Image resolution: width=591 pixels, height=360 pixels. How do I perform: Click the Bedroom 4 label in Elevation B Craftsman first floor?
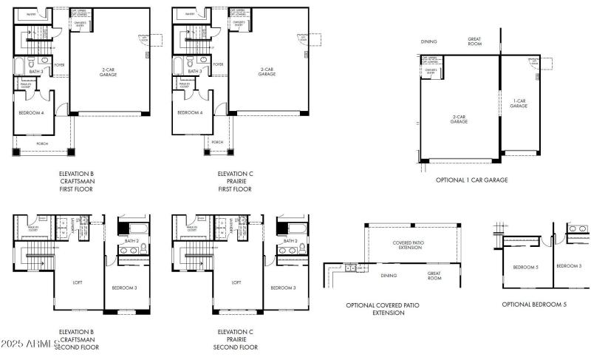tap(31, 112)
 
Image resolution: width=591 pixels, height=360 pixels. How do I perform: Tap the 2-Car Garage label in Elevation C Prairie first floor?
tap(267, 72)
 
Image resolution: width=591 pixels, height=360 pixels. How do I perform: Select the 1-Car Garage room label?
tap(519, 103)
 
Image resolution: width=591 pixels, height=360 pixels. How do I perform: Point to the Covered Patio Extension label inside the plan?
tap(406, 245)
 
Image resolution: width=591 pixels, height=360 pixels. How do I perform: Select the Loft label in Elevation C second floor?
tap(237, 282)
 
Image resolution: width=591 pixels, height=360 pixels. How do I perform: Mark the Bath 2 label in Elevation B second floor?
tap(132, 241)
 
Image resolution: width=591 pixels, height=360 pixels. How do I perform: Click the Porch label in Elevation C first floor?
tap(217, 142)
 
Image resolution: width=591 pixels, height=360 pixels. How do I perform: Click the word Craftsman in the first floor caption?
tap(77, 182)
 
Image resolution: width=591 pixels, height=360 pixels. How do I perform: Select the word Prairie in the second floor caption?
tap(236, 339)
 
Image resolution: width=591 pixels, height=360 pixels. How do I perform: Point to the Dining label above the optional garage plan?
tap(429, 42)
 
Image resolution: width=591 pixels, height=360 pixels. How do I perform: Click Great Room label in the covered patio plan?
tap(434, 276)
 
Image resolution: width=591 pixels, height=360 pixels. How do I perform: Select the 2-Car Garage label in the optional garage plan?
tap(459, 119)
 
